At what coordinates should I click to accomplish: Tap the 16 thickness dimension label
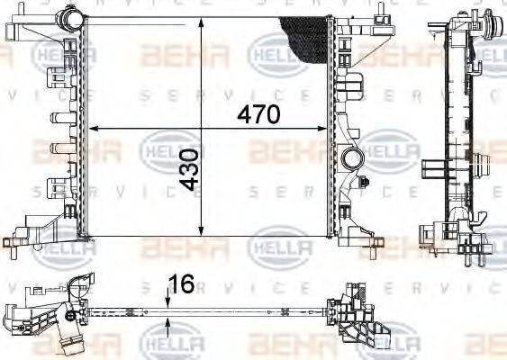pos(182,285)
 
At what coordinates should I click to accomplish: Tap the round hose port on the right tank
pos(351,160)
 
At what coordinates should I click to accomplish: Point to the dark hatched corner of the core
pos(306,36)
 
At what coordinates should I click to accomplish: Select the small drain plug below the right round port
pos(365,183)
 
